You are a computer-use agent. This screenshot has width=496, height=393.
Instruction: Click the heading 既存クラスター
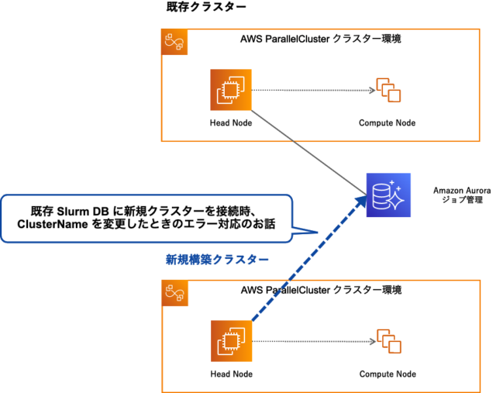pos(207,8)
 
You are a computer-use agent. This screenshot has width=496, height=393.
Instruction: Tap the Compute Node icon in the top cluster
pos(387,90)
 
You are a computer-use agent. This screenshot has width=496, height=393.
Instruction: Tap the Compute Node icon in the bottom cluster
pos(387,341)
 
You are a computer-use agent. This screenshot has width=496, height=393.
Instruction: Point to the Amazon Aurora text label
pos(460,189)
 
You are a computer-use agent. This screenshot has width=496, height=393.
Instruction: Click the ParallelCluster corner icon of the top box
pos(173,43)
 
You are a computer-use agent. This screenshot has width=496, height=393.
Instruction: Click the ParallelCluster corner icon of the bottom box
pos(173,294)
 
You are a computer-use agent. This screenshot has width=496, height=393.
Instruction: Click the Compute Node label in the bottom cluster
pos(387,374)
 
